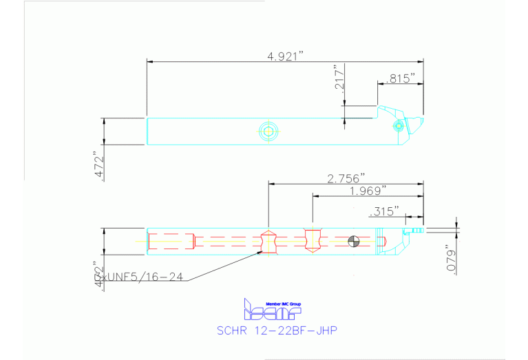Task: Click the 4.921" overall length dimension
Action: click(286, 56)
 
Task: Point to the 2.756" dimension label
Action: click(346, 178)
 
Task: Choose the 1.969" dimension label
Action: click(368, 190)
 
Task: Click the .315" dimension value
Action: click(385, 211)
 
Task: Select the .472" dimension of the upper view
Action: click(98, 166)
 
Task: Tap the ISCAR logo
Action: click(273, 311)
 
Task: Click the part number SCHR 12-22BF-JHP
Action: click(277, 330)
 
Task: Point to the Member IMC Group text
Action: click(283, 304)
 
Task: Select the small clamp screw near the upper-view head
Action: click(398, 126)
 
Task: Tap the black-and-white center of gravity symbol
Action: click(353, 241)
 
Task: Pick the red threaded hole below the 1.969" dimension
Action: click(313, 240)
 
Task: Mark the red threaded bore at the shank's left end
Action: click(171, 241)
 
